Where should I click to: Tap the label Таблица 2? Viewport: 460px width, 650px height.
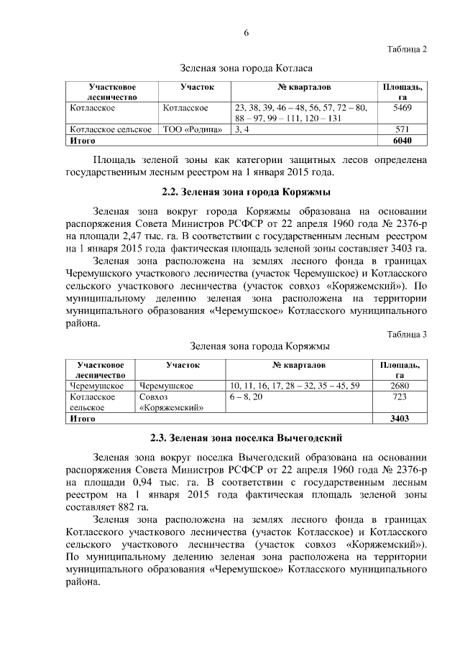[407, 50]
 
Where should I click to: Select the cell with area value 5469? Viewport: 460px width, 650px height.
[403, 108]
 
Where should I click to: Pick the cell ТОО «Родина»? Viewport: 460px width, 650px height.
[192, 129]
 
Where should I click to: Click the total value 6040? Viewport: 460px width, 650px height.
[403, 141]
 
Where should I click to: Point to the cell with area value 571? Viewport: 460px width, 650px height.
[403, 129]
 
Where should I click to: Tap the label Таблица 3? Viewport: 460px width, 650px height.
[407, 334]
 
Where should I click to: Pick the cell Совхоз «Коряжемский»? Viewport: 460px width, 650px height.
[172, 402]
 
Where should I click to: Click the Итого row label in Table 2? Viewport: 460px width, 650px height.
[81, 141]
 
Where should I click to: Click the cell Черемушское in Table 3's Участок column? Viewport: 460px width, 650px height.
[166, 386]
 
